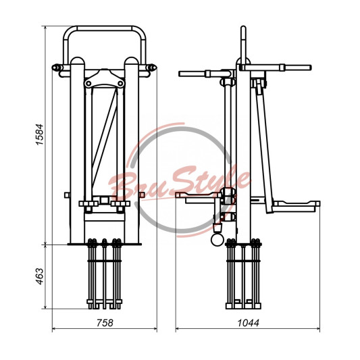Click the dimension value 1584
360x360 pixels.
[x=39, y=134]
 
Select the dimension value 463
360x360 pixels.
[x=40, y=276]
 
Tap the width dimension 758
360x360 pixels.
[x=105, y=323]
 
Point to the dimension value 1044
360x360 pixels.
[x=248, y=323]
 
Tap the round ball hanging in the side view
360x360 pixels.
[x=217, y=240]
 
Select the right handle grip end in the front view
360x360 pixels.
[x=152, y=68]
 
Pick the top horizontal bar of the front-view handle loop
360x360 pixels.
[x=105, y=28]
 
